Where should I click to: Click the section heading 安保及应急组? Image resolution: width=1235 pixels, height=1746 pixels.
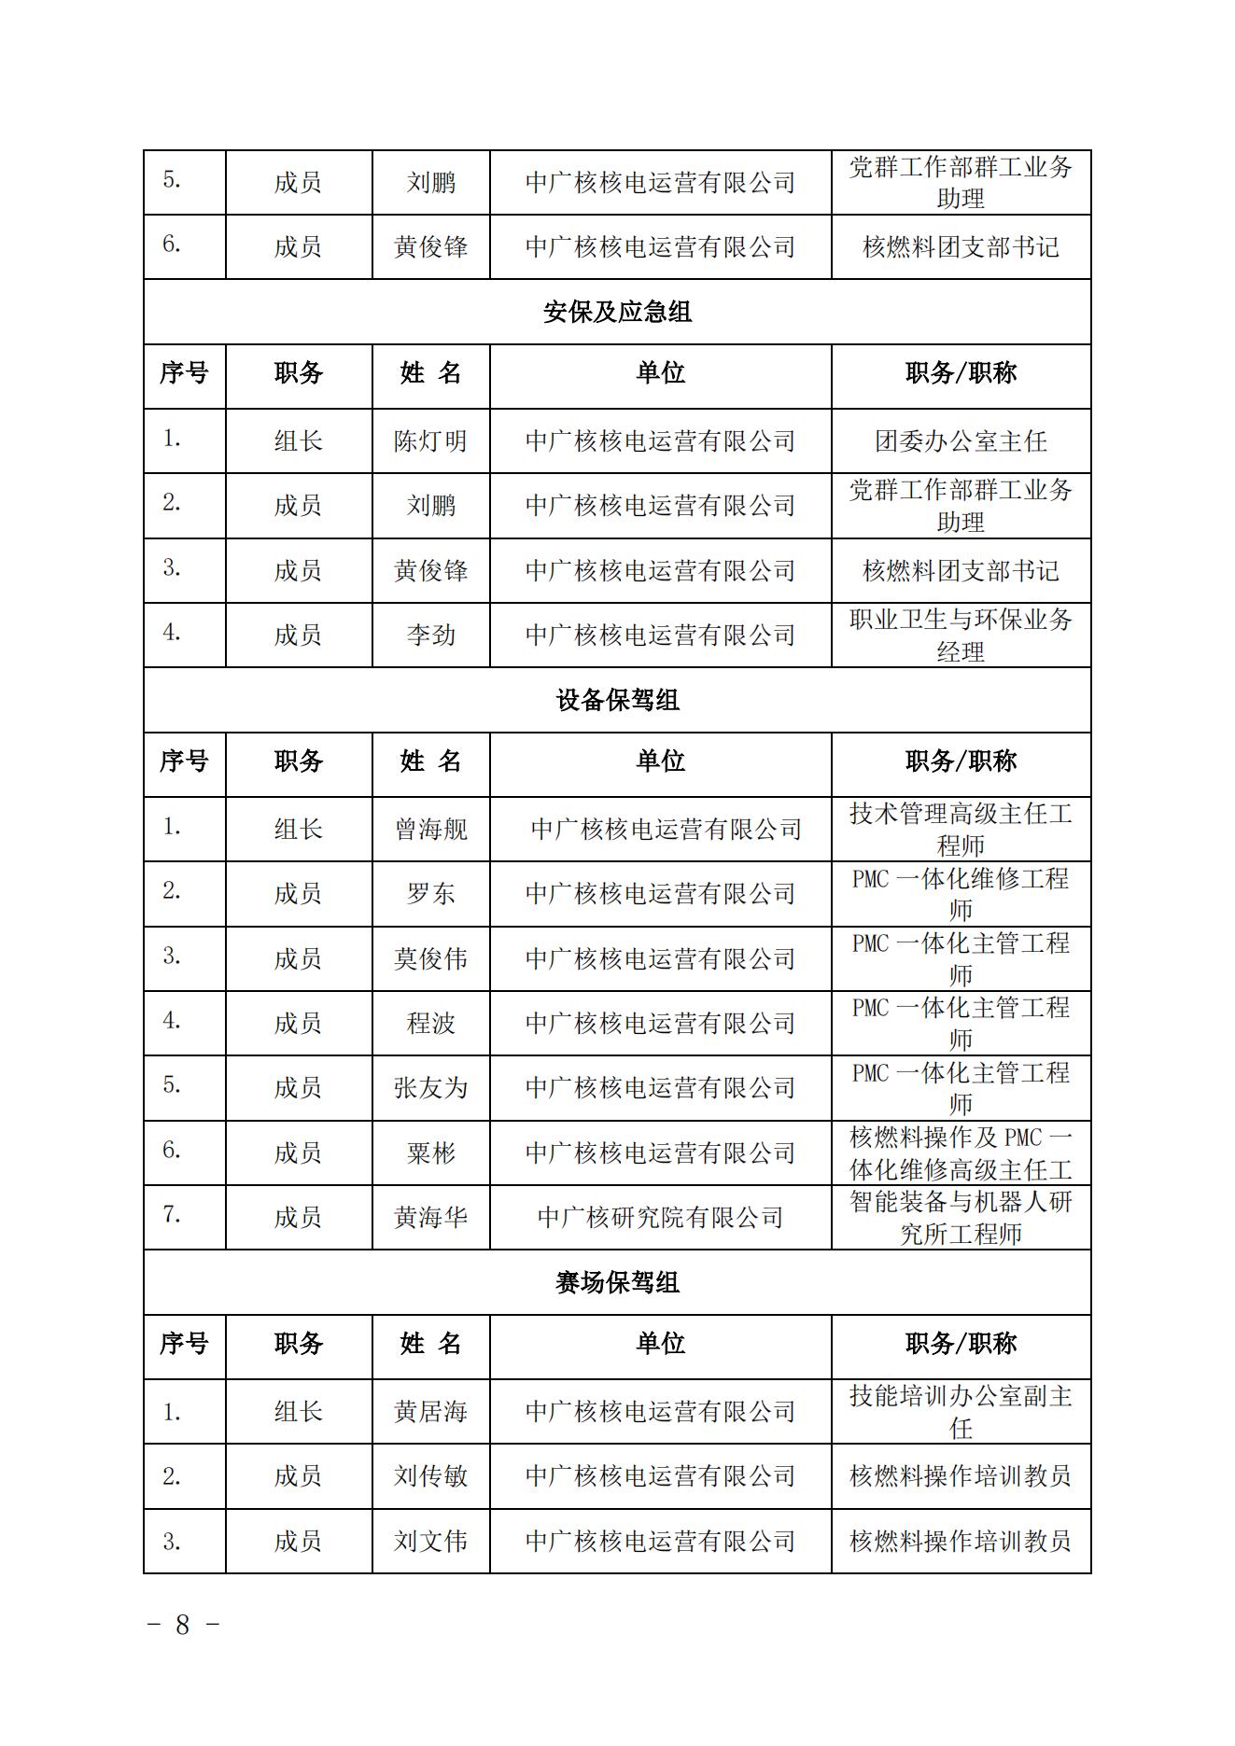point(617,312)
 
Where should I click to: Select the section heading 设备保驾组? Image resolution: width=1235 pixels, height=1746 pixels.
point(617,700)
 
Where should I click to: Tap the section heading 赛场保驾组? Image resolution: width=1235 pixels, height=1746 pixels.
point(617,1282)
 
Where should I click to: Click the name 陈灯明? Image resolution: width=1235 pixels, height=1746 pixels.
point(430,440)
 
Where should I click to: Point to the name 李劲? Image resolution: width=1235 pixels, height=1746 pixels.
point(430,636)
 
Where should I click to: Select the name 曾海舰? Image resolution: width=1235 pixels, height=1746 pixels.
point(430,829)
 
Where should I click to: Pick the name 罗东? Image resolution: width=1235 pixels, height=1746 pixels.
point(430,894)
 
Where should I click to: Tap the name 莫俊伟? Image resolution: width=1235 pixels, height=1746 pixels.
point(430,958)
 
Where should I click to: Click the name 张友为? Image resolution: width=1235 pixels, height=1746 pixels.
point(430,1088)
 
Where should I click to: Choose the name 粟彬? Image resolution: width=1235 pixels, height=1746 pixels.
point(430,1153)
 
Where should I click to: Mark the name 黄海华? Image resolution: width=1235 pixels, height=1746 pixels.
point(430,1218)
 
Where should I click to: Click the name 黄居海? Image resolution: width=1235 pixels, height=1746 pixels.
point(430,1412)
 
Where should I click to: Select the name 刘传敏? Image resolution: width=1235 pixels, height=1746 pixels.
point(430,1476)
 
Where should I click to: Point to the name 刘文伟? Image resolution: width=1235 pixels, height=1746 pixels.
point(430,1541)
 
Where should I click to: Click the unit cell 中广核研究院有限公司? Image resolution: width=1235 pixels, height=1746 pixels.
point(660,1218)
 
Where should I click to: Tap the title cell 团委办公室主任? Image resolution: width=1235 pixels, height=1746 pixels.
point(961,440)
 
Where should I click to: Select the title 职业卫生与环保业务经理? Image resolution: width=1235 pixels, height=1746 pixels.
point(961,636)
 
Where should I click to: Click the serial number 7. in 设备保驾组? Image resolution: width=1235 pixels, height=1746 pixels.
point(172,1215)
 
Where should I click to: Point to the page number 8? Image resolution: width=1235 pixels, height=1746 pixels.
point(183,1625)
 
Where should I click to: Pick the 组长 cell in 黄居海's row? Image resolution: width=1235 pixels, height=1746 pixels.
point(298,1412)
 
